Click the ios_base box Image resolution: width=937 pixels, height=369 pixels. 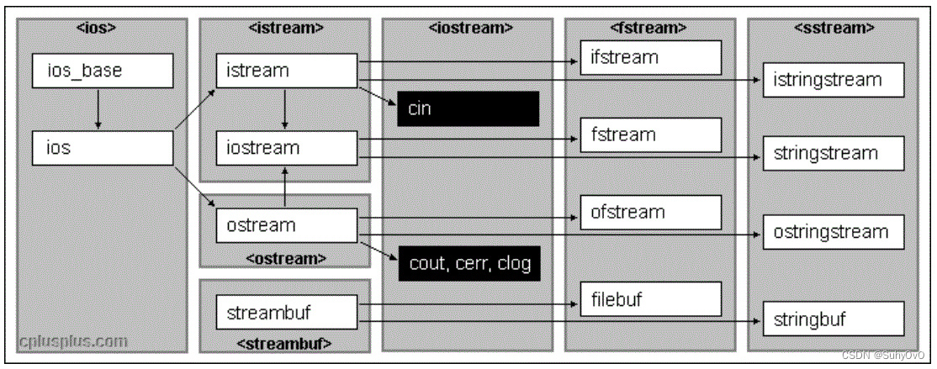pos(102,71)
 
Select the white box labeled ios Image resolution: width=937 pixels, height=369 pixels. pos(102,148)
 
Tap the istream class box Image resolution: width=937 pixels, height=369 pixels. pos(287,71)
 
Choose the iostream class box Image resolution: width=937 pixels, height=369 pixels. pos(287,148)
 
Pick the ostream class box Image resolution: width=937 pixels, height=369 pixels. pos(287,225)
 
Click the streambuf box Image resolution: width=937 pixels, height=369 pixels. pos(287,313)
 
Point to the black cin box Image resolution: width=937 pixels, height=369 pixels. pos(468,109)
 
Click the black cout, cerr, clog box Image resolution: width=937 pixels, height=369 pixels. pos(468,263)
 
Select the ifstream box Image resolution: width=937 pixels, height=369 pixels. pos(650,58)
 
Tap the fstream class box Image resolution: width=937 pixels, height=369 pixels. pos(650,134)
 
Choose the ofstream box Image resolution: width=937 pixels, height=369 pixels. pos(650,212)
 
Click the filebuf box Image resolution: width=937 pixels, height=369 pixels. pos(650,298)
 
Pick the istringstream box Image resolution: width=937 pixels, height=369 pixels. pos(834,80)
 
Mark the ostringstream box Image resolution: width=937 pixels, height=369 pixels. pos(834,232)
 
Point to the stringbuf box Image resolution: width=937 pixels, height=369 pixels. pos(834,319)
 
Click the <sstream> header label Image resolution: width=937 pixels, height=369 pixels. pos(834,28)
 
